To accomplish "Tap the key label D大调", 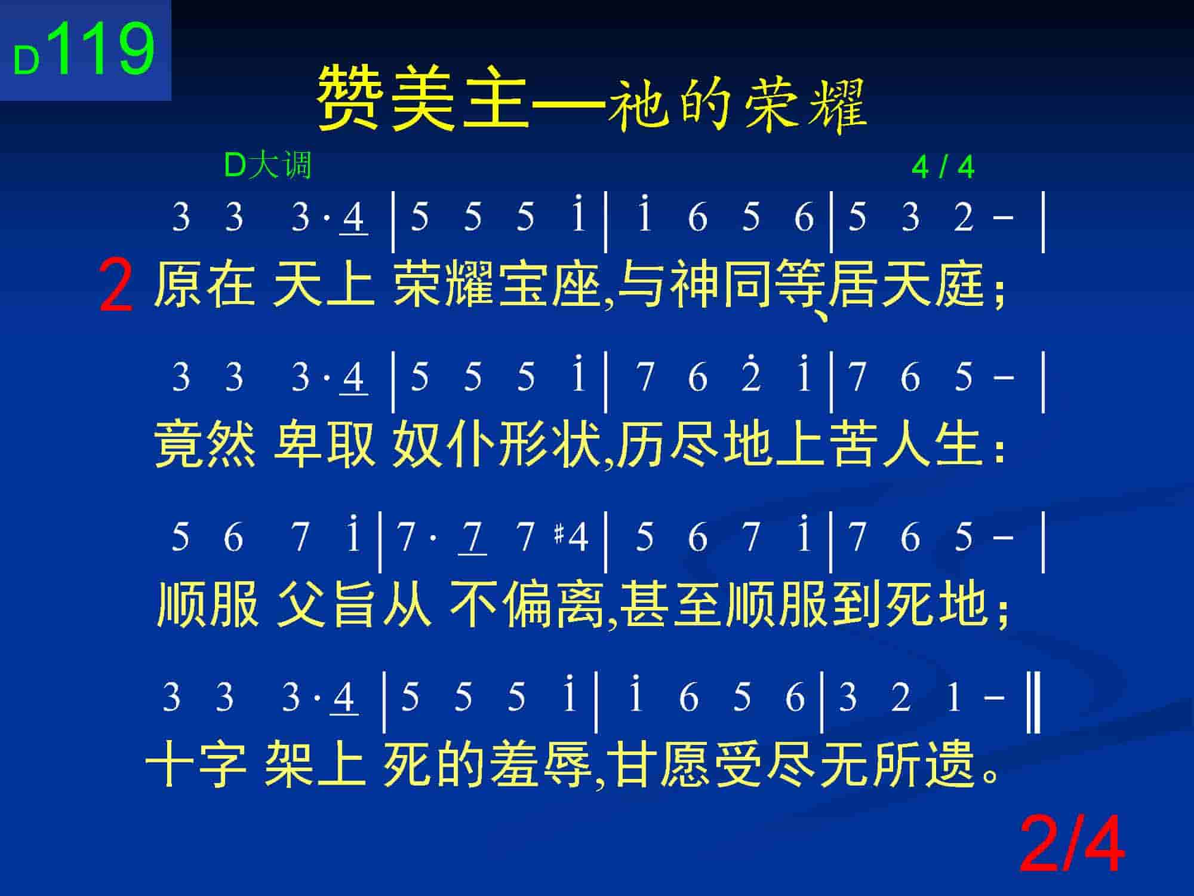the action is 268,165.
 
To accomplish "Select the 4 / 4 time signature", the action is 943,167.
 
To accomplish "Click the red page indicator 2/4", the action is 1072,846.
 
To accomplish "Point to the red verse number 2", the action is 116,287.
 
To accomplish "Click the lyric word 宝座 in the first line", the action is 550,286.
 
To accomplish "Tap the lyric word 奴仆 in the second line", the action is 444,445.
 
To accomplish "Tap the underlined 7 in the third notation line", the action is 472,538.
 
